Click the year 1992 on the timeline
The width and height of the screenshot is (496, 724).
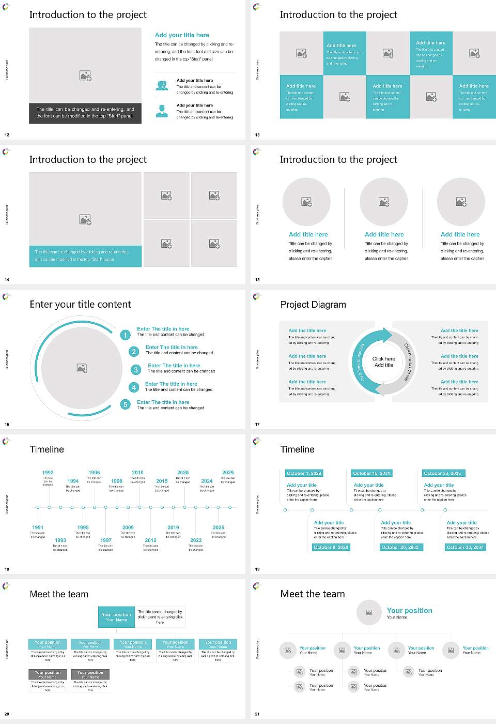(x=48, y=473)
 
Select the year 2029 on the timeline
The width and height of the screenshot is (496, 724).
(x=228, y=473)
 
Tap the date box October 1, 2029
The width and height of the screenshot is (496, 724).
(x=304, y=473)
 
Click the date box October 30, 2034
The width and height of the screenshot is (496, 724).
(x=465, y=547)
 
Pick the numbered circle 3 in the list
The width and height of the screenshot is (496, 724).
(x=136, y=370)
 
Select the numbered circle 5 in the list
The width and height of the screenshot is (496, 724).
(x=125, y=404)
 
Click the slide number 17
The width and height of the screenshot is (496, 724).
(x=257, y=425)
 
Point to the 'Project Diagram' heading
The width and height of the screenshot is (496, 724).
(x=313, y=305)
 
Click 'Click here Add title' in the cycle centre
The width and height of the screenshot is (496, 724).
(x=383, y=361)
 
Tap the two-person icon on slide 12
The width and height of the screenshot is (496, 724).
(x=162, y=85)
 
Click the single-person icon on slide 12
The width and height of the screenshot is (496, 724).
(x=162, y=111)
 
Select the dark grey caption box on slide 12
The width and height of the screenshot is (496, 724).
(x=85, y=113)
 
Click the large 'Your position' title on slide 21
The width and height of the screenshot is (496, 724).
(x=409, y=611)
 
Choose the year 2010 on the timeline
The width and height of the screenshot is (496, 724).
(x=137, y=473)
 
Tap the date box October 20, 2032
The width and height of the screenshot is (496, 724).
(x=400, y=547)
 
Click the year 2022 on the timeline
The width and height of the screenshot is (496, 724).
(x=196, y=540)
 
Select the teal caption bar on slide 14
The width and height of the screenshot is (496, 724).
(x=85, y=256)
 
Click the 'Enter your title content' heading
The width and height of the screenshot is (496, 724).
(x=80, y=305)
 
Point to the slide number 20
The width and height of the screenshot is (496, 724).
(x=7, y=714)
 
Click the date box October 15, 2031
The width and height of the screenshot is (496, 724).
(x=371, y=473)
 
